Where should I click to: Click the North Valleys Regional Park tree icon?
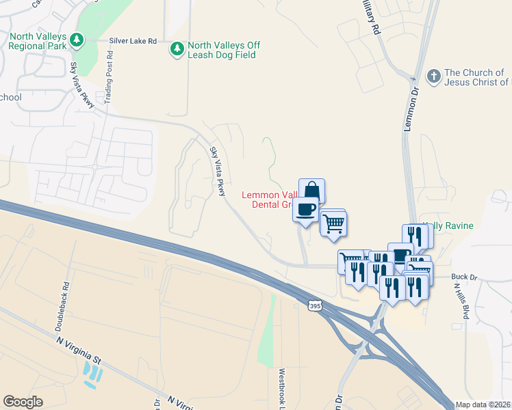(79, 40)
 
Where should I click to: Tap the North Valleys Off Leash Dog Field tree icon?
(177, 49)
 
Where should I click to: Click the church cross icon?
(434, 76)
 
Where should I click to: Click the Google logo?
(23, 402)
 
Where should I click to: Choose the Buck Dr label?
(463, 277)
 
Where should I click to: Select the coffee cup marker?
(306, 208)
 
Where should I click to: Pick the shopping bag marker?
(311, 191)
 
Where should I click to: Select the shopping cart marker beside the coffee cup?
(333, 223)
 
